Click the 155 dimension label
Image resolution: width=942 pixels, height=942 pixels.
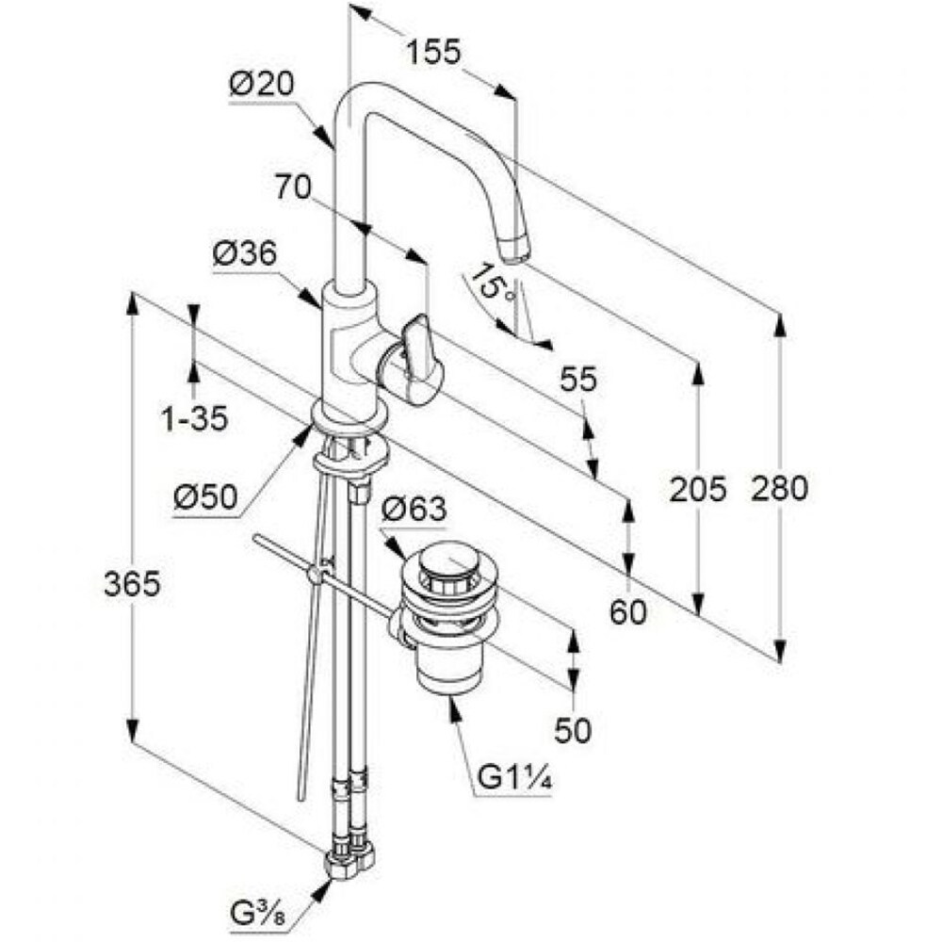click(x=433, y=52)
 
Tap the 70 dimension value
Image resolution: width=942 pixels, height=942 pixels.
click(x=293, y=187)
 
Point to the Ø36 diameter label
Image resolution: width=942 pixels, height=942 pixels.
click(x=245, y=254)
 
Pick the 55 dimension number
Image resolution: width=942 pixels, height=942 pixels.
click(x=578, y=379)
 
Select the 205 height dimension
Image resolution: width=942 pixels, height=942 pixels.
click(x=697, y=488)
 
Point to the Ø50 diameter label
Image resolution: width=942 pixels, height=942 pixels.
click(x=205, y=497)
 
